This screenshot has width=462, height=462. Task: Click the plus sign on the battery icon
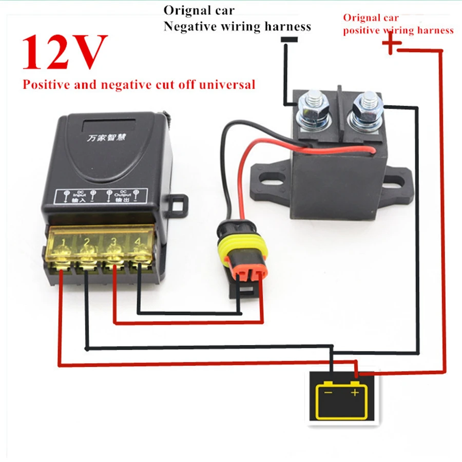tap(355, 393)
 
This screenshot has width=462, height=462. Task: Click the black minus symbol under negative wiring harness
tap(291, 40)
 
